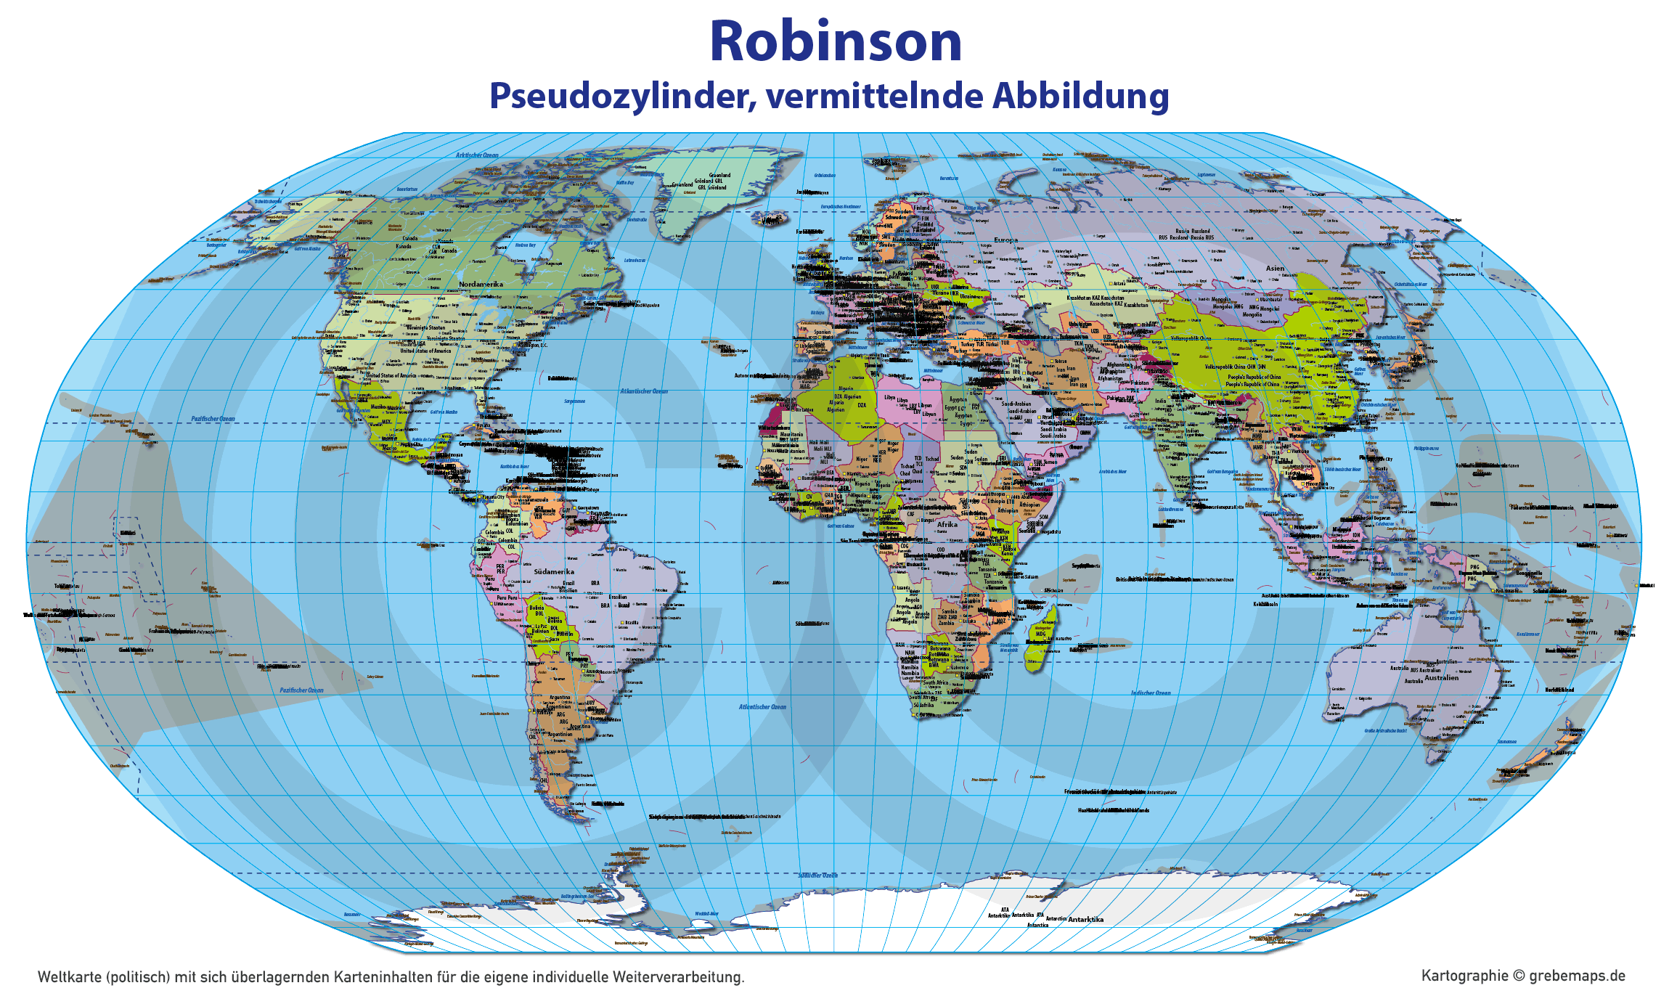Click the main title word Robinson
pos(836,41)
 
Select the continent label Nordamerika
pos(481,284)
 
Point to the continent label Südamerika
pos(554,571)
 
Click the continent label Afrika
pos(947,524)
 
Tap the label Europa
pos(1005,240)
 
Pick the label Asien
pos(1275,269)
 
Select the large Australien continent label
pos(1441,677)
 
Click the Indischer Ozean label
pos(1151,693)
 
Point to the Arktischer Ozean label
pos(477,155)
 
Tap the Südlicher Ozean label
pos(817,875)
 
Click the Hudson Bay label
pos(525,245)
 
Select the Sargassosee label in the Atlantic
pos(574,401)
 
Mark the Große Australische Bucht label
pos(1385,731)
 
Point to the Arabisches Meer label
pos(1112,472)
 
